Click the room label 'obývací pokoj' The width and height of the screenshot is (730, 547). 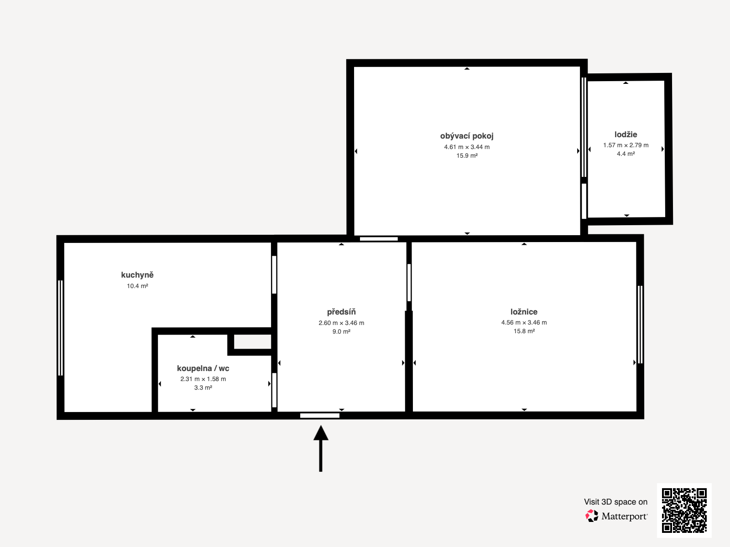click(x=467, y=136)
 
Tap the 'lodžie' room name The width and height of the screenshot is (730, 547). click(x=626, y=134)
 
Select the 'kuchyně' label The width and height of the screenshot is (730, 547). click(x=137, y=275)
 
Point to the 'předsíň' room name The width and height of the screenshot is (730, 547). click(x=341, y=312)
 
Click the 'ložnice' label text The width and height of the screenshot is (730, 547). click(x=524, y=312)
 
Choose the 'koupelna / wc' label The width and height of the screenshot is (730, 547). click(x=203, y=368)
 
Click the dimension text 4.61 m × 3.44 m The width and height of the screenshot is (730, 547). click(x=467, y=147)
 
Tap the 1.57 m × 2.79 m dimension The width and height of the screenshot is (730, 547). click(x=626, y=145)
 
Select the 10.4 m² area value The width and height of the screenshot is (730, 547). click(x=137, y=286)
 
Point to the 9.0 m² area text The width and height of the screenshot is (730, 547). click(x=341, y=331)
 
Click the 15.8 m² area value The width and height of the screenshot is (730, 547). click(x=524, y=331)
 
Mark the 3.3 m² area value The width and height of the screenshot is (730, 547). click(x=203, y=387)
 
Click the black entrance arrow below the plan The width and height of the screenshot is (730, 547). click(x=321, y=449)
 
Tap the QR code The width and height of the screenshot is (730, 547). click(x=684, y=510)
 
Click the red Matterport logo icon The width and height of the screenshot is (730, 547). click(x=592, y=516)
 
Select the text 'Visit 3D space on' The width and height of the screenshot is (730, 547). click(x=615, y=502)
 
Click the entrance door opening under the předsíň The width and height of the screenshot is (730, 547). click(x=320, y=415)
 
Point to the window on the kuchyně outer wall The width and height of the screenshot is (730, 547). click(x=61, y=328)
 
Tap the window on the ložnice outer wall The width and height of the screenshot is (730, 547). click(x=640, y=325)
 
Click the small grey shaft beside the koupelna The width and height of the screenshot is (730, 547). click(x=253, y=341)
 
